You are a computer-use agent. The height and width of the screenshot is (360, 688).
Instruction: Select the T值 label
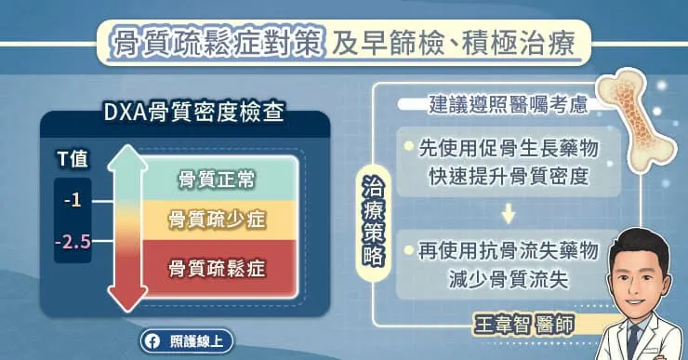71,159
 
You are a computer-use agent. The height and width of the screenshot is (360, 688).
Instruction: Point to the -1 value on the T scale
73,200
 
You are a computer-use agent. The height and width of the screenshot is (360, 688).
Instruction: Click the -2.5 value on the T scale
72,242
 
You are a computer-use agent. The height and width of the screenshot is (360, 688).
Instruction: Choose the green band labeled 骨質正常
217,177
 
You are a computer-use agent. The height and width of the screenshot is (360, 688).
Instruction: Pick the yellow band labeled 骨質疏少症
217,220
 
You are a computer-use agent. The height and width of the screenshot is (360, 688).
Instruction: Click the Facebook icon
152,341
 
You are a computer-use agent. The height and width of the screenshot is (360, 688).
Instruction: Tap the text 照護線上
192,341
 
